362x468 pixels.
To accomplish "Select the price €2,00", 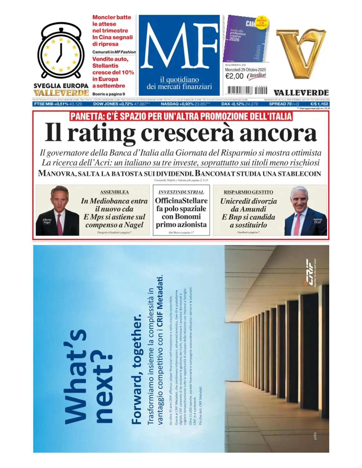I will [x=234, y=76].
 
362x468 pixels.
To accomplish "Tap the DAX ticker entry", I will [x=240, y=104].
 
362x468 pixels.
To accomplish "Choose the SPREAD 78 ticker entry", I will [x=284, y=104].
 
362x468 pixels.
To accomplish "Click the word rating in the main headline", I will [x=101, y=133].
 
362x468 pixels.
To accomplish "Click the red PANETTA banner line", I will [x=181, y=116].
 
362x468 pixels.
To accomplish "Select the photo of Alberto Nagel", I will [x=57, y=211].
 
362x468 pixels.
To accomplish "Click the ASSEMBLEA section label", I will [x=114, y=192].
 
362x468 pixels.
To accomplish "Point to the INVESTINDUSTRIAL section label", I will [x=181, y=192].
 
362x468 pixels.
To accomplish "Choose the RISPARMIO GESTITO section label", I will [x=248, y=192].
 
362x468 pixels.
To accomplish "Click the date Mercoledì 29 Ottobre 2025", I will [x=245, y=70].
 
